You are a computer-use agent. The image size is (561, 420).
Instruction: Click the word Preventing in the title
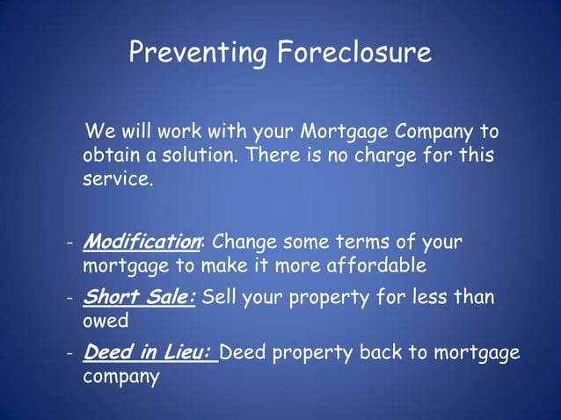pos(198,54)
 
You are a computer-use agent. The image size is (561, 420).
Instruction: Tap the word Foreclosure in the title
pos(354,54)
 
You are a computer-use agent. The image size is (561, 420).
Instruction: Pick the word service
pos(118,181)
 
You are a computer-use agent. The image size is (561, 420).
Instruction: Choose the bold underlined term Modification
pos(142,242)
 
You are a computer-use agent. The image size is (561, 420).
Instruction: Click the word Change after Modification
pos(245,242)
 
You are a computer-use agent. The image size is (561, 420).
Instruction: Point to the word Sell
pos(220,297)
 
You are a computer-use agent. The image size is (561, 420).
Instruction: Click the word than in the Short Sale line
pos(476,297)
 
